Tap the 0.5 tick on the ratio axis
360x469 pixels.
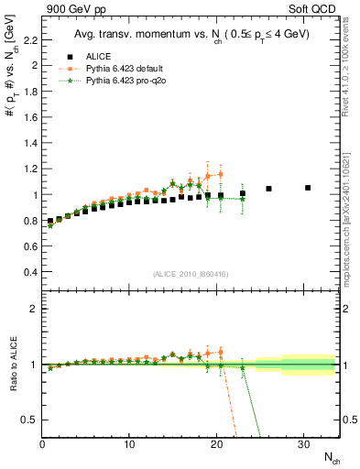tap(29, 420)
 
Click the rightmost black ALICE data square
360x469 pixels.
tap(308, 188)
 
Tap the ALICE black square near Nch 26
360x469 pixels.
tap(268, 189)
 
